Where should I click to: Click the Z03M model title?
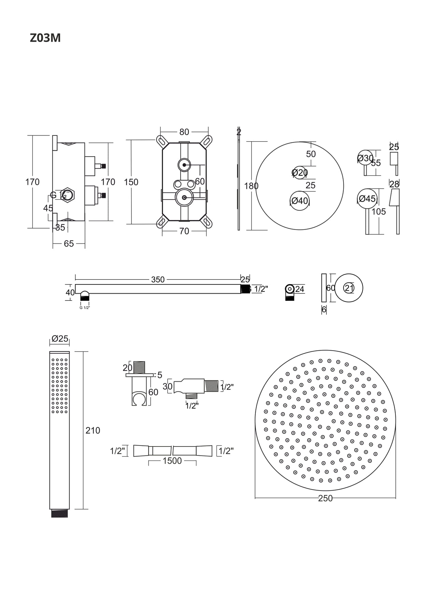[45, 38]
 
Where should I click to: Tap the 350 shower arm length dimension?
[158, 280]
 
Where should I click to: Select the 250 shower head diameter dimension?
[325, 498]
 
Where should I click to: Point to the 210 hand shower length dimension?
[93, 430]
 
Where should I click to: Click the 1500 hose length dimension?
[172, 461]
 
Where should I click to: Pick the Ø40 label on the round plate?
[299, 201]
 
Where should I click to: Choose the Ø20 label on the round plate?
[299, 173]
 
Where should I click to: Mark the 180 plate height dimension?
[251, 186]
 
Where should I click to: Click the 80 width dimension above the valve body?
[184, 132]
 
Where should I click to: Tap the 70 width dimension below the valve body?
[184, 231]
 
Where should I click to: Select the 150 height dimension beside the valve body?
[131, 182]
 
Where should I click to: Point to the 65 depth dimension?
[69, 244]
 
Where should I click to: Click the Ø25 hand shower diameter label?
[60, 339]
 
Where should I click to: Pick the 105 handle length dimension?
[378, 212]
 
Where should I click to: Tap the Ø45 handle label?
[367, 199]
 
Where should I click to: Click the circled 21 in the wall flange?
[349, 288]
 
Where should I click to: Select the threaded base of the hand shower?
[59, 513]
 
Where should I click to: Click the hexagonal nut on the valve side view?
[68, 195]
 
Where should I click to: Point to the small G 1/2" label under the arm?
[85, 308]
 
